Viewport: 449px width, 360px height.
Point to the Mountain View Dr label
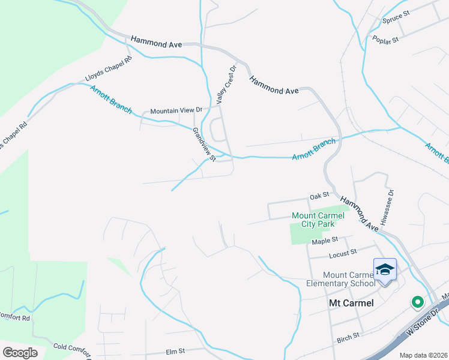[176, 110]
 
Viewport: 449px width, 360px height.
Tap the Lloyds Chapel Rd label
[109, 69]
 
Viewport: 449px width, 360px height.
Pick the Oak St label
[320, 196]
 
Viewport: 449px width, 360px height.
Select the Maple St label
[325, 241]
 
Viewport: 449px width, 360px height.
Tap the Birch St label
[348, 335]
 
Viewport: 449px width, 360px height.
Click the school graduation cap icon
[385, 269]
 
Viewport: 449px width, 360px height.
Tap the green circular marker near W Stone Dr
[416, 302]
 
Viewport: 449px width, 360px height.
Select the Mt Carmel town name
[351, 303]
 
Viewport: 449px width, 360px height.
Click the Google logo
[20, 353]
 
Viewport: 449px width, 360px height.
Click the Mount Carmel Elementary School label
[340, 279]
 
